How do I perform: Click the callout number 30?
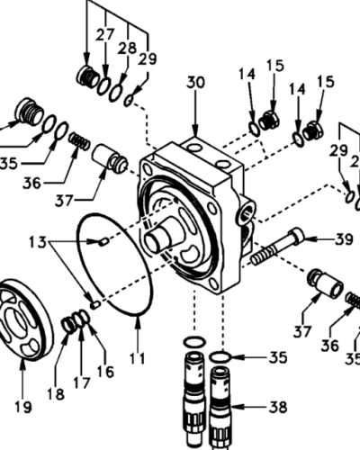pos(195,83)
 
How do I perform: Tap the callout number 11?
pos(138,358)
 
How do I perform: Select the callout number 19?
pos(23,407)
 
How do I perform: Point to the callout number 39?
pos(344,239)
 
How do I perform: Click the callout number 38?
pos(278,407)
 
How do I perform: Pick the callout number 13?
pos(38,242)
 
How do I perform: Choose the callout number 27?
pos(105,35)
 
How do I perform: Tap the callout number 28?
pos(127,49)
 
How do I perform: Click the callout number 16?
pos(105,372)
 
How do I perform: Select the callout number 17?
pos(82,383)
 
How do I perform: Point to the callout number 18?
pos(56,394)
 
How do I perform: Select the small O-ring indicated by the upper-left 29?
pos(130,100)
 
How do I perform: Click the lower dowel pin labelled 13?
pos(95,305)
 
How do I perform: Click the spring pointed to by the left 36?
pos(79,141)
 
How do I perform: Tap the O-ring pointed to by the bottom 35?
pos(220,357)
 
